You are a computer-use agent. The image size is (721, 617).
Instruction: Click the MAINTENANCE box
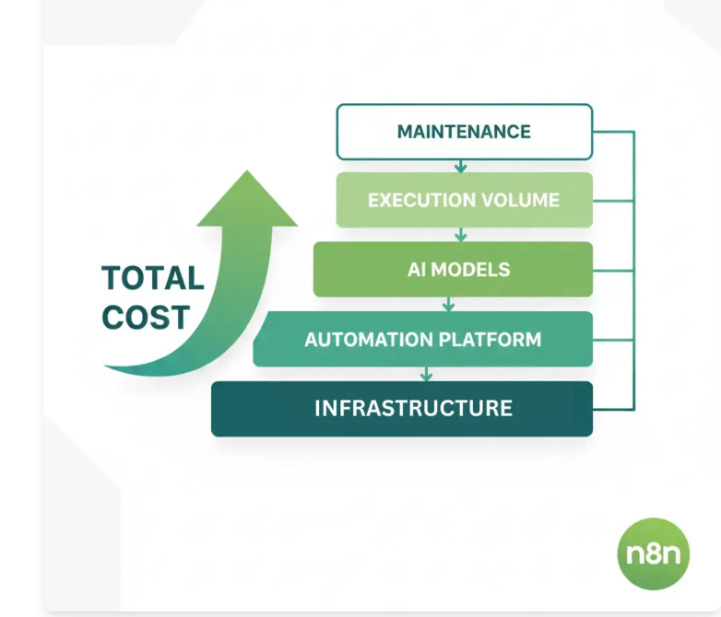tap(464, 132)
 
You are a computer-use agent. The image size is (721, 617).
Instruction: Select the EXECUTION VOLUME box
tap(464, 200)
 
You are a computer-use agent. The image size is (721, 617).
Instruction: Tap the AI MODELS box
tap(453, 270)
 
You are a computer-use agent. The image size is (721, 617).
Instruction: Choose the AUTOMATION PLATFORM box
tap(423, 339)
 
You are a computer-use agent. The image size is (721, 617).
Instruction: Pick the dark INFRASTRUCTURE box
tap(402, 408)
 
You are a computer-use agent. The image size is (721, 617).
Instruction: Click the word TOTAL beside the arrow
tap(152, 278)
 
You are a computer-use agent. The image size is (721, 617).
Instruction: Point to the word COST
tap(146, 317)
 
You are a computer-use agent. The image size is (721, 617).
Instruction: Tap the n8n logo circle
tap(653, 553)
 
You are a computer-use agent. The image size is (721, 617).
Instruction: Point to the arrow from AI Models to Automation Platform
tap(449, 304)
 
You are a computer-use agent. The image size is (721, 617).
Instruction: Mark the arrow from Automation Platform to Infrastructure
tap(426, 374)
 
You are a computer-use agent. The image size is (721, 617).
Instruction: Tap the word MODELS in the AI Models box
tap(470, 270)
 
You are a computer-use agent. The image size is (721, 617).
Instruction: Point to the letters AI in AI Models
tap(417, 270)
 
